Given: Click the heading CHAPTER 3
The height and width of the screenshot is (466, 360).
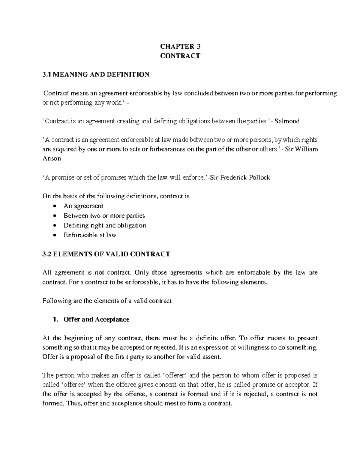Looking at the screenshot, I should pyautogui.click(x=180, y=47).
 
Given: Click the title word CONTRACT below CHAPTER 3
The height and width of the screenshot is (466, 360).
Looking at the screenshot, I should pyautogui.click(x=180, y=56).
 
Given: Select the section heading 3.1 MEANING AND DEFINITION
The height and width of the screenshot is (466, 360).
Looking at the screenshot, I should pyautogui.click(x=96, y=74).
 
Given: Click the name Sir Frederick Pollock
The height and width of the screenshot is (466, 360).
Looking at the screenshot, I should pyautogui.click(x=240, y=177).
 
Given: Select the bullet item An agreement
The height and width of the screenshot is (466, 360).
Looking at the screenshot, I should pyautogui.click(x=83, y=206).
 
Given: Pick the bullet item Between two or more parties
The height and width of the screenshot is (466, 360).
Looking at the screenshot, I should pyautogui.click(x=104, y=215).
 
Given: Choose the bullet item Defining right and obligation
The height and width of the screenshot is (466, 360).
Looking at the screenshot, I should pyautogui.click(x=105, y=225).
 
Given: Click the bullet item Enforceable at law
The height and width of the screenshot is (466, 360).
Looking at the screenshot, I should pyautogui.click(x=90, y=235).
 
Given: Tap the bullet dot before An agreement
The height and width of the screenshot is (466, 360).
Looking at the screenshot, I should pyautogui.click(x=54, y=206).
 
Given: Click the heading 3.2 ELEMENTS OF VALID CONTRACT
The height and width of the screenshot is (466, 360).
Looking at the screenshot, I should pyautogui.click(x=106, y=254).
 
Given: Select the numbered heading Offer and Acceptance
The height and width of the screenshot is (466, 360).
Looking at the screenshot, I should pyautogui.click(x=96, y=319).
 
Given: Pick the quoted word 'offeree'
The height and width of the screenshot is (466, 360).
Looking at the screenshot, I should pyautogui.click(x=70, y=385).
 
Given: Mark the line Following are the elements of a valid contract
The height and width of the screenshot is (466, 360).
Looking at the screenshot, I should pyautogui.click(x=107, y=301).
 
